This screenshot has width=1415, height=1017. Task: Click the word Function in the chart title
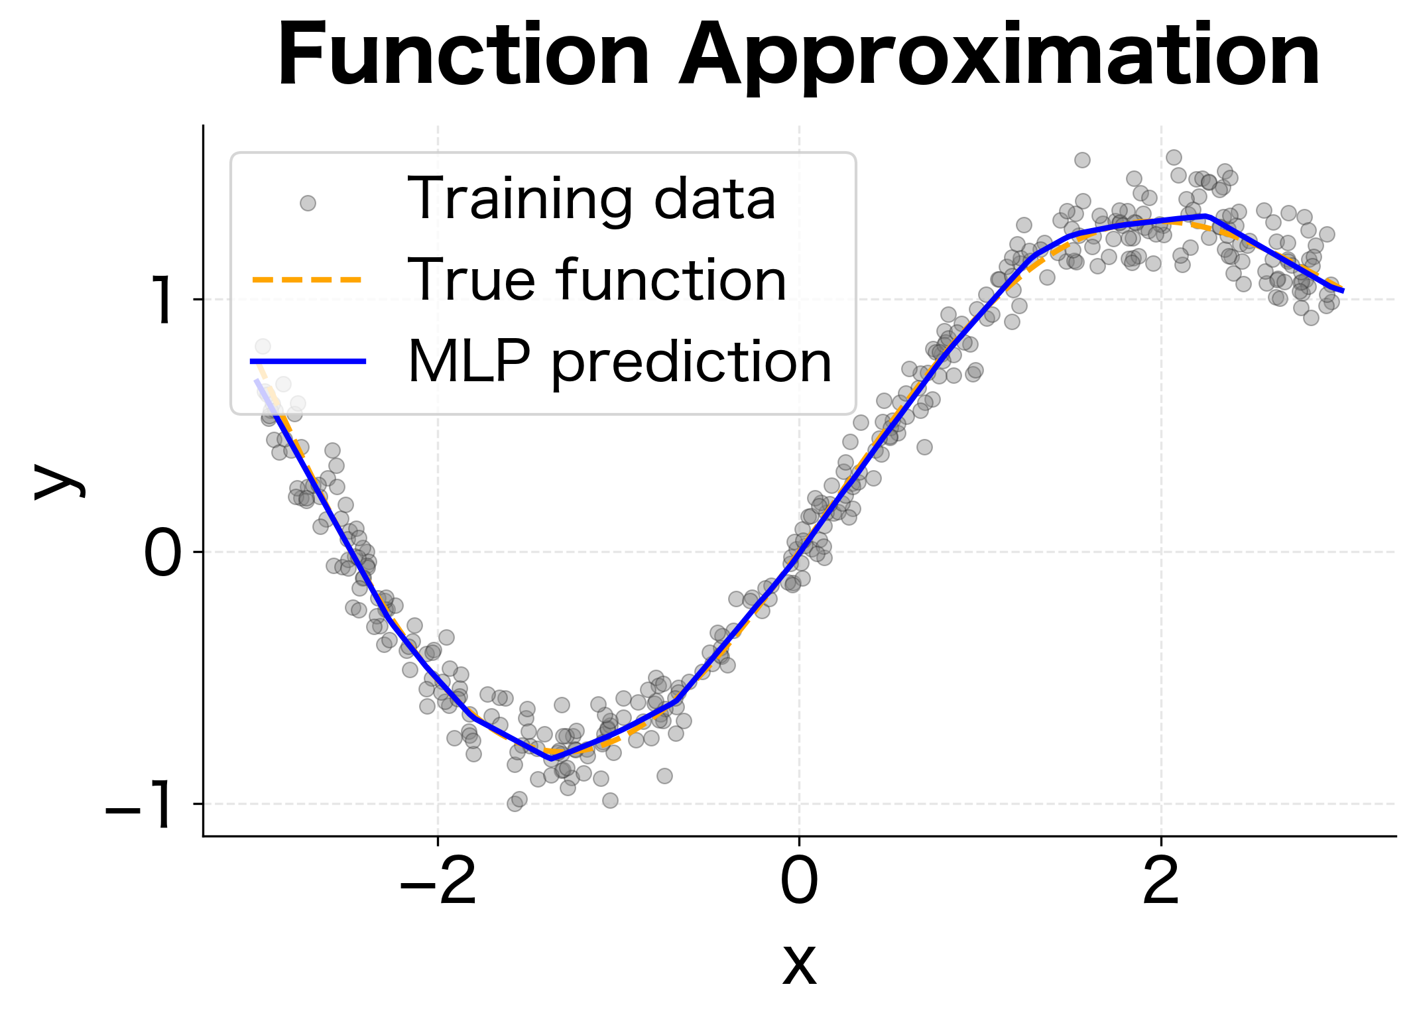coord(463,56)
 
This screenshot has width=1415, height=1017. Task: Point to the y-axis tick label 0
coord(162,552)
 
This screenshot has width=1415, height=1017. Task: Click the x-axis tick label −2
coord(438,881)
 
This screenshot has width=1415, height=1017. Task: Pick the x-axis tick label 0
coord(799,881)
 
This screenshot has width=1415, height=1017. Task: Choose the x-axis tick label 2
coord(1161,881)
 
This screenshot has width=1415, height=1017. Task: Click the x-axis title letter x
coord(799,964)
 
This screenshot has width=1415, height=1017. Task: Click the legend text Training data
coord(591,199)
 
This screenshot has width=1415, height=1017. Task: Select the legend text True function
coord(597,280)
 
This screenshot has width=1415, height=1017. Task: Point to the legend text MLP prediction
coord(619,362)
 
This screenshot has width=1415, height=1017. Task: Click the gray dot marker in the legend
coord(308,203)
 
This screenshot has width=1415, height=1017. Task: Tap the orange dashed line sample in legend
coord(308,280)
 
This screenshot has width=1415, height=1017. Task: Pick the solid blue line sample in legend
coord(308,361)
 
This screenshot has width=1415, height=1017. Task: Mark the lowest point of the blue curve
coord(551,757)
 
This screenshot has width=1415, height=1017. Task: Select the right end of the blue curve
coord(1342,290)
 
